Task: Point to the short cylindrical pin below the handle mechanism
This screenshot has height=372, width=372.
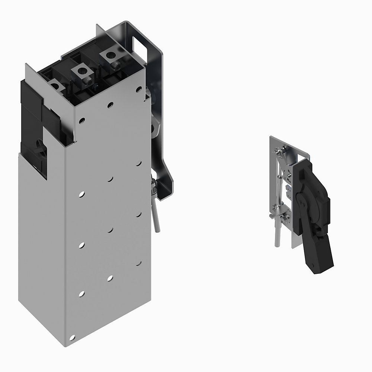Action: pos(277,236)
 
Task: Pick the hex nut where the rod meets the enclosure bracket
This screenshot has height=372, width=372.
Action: pos(153,185)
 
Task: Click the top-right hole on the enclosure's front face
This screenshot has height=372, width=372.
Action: pos(138,89)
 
